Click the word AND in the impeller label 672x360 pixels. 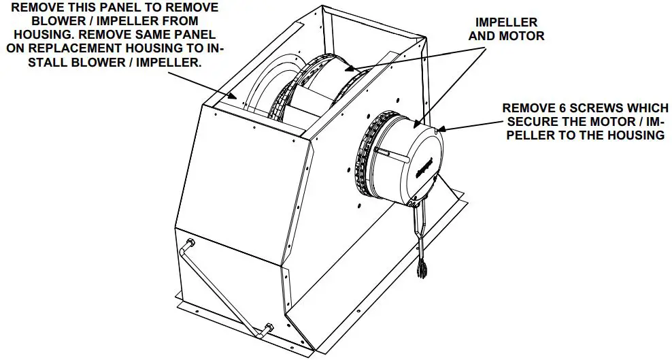(488, 35)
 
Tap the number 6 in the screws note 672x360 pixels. (555, 108)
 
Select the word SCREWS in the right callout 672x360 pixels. (587, 108)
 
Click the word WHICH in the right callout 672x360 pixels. (637, 108)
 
